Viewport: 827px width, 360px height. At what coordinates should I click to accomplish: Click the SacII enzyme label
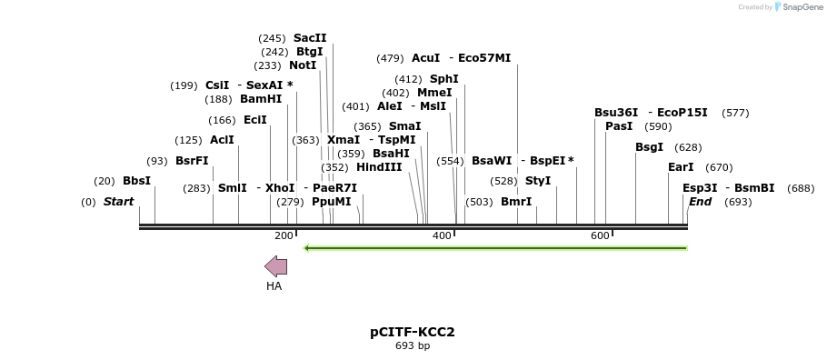pyautogui.click(x=310, y=38)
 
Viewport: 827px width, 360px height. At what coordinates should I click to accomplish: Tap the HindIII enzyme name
pyautogui.click(x=379, y=167)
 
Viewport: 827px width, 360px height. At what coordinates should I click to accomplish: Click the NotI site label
pyautogui.click(x=303, y=65)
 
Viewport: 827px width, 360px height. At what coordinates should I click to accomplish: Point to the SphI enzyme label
pyautogui.click(x=444, y=79)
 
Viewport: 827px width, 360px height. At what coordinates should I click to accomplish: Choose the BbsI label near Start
pyautogui.click(x=136, y=181)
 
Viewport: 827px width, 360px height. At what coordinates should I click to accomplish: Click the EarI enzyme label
pyautogui.click(x=681, y=167)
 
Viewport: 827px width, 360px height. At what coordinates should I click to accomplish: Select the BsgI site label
pyautogui.click(x=649, y=147)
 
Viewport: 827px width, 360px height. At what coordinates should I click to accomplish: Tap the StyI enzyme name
pyautogui.click(x=538, y=181)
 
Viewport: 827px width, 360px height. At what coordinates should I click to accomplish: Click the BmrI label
pyautogui.click(x=516, y=202)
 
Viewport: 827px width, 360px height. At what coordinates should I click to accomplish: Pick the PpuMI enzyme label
pyautogui.click(x=331, y=202)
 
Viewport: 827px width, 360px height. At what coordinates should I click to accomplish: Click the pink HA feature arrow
pyautogui.click(x=275, y=265)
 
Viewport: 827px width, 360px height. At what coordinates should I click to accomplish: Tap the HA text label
pyautogui.click(x=274, y=286)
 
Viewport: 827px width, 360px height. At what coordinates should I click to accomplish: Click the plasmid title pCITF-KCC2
pyautogui.click(x=413, y=332)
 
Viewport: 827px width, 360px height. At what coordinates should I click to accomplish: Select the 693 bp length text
pyautogui.click(x=413, y=346)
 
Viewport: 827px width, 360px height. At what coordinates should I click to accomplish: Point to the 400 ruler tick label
pyautogui.click(x=442, y=236)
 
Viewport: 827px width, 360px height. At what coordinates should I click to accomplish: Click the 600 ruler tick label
pyautogui.click(x=600, y=236)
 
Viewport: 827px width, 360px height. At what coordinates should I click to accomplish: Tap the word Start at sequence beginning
pyautogui.click(x=118, y=202)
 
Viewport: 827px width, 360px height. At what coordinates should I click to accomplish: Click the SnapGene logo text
pyautogui.click(x=802, y=7)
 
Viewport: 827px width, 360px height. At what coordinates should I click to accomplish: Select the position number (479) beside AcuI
pyautogui.click(x=390, y=58)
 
